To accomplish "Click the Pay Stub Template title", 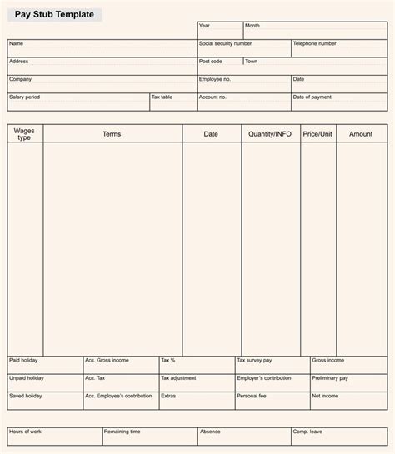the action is coord(53,15).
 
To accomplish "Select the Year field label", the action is coord(204,26).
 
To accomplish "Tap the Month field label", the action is coord(252,26).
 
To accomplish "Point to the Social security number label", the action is coord(225,43).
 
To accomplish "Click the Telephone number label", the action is coord(314,43).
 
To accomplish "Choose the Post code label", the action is coord(210,61).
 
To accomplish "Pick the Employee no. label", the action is coord(216,79).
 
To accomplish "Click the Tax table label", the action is coord(162,97).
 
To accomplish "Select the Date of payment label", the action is coord(312,97).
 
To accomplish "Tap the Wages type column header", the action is coord(25,134).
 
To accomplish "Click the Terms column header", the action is coord(112,134).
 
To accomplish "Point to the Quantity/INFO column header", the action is coord(270,134).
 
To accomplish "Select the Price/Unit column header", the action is coord(318,134).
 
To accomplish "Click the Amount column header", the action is coord(361,134).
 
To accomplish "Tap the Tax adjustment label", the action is coord(178,378).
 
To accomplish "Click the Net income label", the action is coord(325,396).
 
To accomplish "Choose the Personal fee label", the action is coord(252,396).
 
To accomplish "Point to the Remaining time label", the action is coord(122,432).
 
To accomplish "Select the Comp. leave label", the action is coord(307,432).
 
